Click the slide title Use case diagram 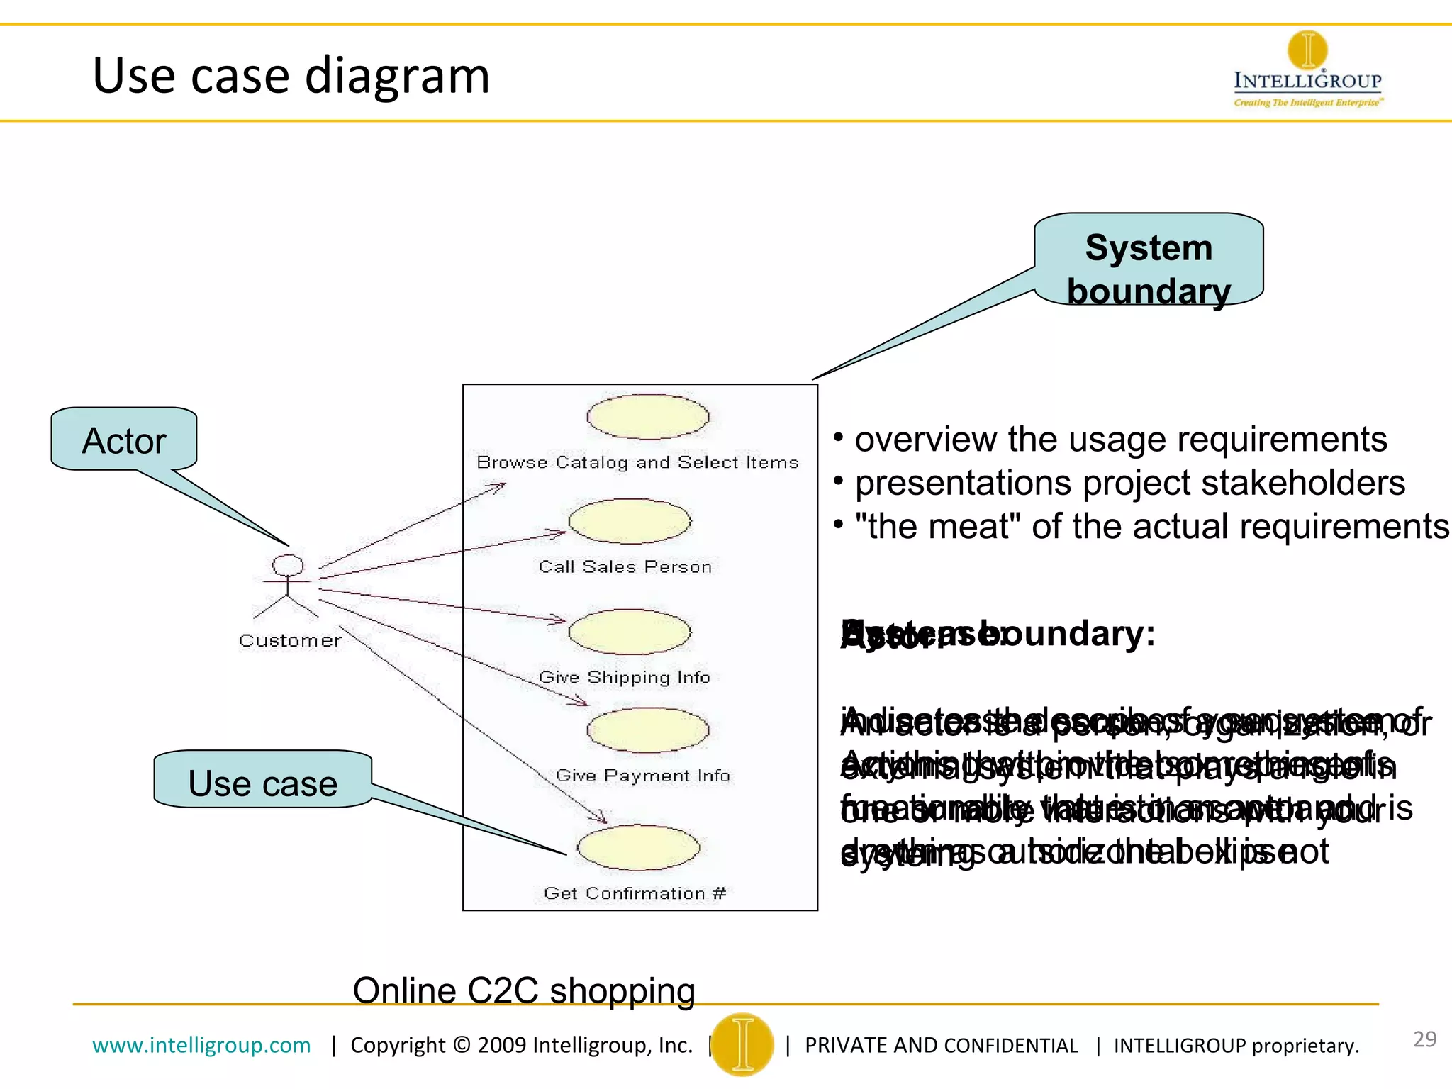pyautogui.click(x=291, y=75)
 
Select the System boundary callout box pyautogui.click(x=1149, y=259)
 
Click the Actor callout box pyautogui.click(x=124, y=440)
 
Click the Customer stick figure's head pyautogui.click(x=288, y=565)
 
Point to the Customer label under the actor pyautogui.click(x=290, y=640)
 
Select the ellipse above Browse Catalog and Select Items pyautogui.click(x=647, y=417)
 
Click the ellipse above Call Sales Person pyautogui.click(x=630, y=521)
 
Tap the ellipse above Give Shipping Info pyautogui.click(x=630, y=632)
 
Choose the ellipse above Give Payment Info pyautogui.click(x=647, y=730)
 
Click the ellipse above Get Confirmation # pyautogui.click(x=638, y=847)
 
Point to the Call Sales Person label pyautogui.click(x=625, y=566)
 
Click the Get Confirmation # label pyautogui.click(x=635, y=893)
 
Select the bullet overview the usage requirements pyautogui.click(x=1120, y=440)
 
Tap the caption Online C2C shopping pyautogui.click(x=524, y=990)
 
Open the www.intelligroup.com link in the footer pyautogui.click(x=201, y=1045)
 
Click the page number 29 pyautogui.click(x=1424, y=1039)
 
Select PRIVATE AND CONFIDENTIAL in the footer pyautogui.click(x=941, y=1046)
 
